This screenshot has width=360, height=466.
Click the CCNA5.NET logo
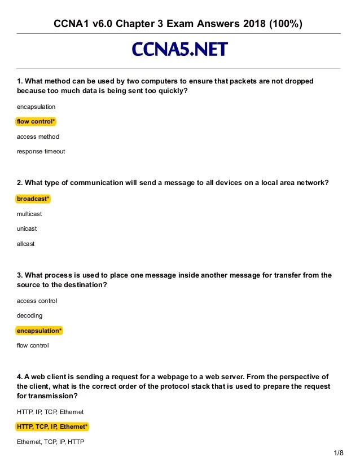(179, 50)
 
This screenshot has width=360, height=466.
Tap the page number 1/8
(339, 453)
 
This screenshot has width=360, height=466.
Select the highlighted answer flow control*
(36, 122)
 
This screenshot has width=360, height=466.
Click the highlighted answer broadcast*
(33, 199)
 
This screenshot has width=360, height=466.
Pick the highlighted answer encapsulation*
(39, 331)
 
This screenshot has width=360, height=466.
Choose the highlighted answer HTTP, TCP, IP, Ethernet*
(52, 427)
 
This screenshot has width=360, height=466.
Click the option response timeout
(41, 151)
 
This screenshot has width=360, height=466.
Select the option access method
(38, 137)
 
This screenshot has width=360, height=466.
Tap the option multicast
(29, 214)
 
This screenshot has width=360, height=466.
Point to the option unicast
(27, 229)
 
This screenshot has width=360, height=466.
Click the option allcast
(26, 244)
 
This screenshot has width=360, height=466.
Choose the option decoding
(29, 315)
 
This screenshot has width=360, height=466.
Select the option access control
(37, 301)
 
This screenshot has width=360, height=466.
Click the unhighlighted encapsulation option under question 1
(36, 107)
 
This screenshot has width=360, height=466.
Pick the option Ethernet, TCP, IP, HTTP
(50, 442)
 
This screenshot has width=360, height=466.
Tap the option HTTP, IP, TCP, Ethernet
(50, 412)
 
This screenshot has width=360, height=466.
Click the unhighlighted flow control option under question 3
(33, 345)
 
